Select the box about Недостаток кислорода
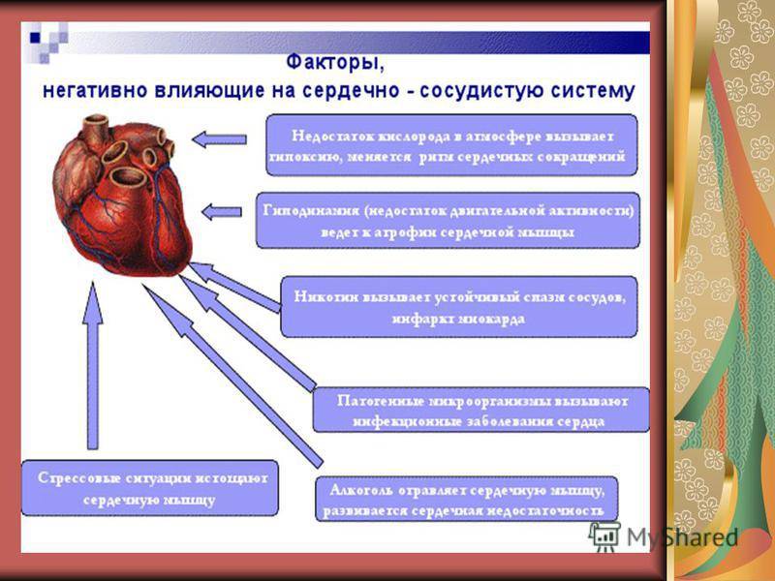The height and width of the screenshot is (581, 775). [x=451, y=143]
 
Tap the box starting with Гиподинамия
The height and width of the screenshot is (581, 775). [x=448, y=220]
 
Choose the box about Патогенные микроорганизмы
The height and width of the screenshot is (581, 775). [x=480, y=410]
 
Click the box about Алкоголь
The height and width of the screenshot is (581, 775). [x=467, y=499]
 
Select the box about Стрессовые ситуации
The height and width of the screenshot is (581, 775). [x=149, y=487]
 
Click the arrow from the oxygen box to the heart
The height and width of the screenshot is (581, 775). [x=219, y=139]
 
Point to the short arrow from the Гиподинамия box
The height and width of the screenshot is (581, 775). [x=222, y=211]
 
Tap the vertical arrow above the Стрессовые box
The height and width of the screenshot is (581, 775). [x=92, y=368]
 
